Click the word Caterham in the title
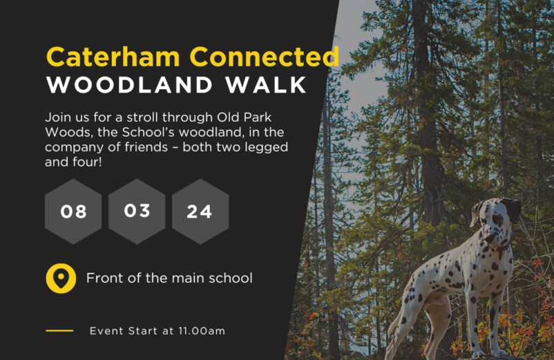[x=113, y=57]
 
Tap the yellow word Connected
[x=265, y=57]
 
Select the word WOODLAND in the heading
[x=130, y=85]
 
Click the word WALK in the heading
[x=266, y=85]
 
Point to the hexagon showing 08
[x=73, y=211]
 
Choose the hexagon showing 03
[x=137, y=211]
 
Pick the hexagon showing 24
[x=200, y=211]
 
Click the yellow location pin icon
[x=61, y=278]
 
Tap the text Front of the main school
[x=169, y=278]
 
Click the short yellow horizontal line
[x=59, y=331]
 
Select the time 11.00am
[x=202, y=331]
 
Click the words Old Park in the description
[x=244, y=117]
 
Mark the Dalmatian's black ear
[x=512, y=209]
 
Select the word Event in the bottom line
[x=106, y=331]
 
